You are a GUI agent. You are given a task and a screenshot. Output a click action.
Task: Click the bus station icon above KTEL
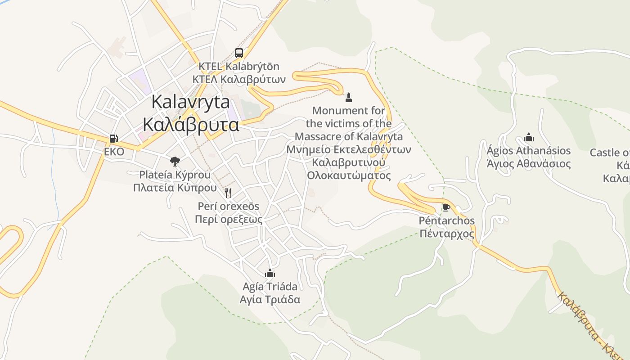[239, 53]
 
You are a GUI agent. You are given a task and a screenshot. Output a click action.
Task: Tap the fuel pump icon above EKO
[114, 139]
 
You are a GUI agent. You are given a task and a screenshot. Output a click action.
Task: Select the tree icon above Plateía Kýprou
[175, 161]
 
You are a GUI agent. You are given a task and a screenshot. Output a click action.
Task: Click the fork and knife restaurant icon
[228, 193]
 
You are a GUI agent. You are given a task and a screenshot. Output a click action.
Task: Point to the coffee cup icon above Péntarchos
[446, 207]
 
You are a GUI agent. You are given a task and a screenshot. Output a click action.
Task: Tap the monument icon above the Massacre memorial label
[348, 97]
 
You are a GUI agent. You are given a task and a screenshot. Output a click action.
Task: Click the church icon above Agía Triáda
[270, 273]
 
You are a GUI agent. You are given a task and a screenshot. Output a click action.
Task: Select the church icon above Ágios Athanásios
[529, 137]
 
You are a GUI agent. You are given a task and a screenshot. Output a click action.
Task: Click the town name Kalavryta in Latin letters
[190, 102]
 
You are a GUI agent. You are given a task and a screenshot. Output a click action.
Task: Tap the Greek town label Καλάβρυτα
[190, 124]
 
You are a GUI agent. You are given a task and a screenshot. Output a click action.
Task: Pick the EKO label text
[114, 152]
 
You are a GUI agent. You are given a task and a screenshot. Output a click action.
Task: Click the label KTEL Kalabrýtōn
[239, 67]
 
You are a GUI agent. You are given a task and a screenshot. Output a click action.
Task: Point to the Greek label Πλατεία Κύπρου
[175, 188]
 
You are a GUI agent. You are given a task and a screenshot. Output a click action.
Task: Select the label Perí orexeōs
[229, 207]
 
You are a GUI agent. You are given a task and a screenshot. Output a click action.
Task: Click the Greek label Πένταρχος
[447, 234]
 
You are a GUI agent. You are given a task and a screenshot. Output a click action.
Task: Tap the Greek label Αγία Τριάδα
[270, 299]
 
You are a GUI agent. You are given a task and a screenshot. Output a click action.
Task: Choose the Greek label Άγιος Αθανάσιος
[529, 164]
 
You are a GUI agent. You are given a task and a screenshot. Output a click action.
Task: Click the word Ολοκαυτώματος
[349, 175]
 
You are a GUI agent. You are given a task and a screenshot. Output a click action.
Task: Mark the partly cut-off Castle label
[610, 153]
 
